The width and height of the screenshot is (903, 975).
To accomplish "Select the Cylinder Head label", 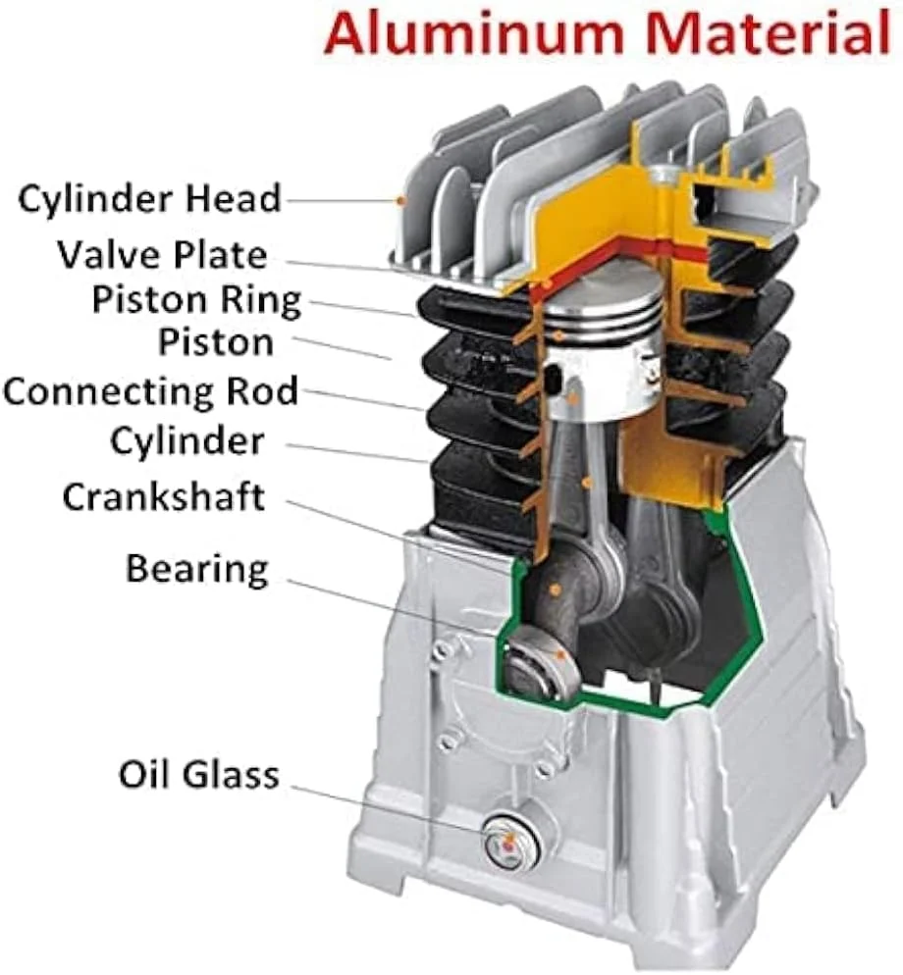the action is [149, 199].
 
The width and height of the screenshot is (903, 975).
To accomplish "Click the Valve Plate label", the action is [162, 255].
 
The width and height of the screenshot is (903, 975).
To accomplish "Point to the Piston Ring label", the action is [196, 301].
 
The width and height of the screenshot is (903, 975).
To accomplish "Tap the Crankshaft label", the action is [164, 496].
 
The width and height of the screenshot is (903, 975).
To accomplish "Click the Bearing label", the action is [197, 570].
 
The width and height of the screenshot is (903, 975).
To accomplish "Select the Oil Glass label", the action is [198, 775].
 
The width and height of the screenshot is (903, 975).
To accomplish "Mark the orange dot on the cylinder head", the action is [401, 201].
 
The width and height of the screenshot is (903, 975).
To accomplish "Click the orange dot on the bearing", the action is [560, 655].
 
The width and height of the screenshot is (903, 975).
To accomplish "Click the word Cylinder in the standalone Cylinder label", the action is [187, 441].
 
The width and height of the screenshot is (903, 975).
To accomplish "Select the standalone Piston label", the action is [216, 342].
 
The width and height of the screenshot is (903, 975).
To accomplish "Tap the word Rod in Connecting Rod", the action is [262, 391].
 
